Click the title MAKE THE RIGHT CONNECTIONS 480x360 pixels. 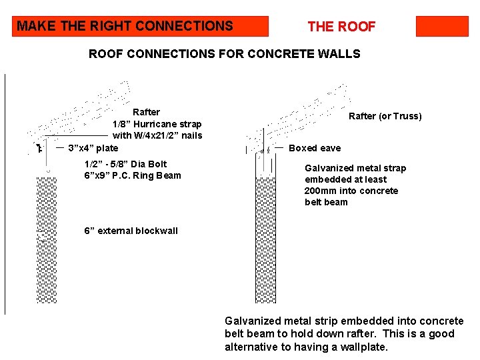[125, 27]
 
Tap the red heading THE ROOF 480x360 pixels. [341, 27]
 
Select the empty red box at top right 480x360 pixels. [442, 27]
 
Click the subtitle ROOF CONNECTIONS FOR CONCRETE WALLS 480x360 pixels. [224, 54]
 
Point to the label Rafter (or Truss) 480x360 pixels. [385, 116]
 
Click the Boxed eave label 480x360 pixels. [314, 148]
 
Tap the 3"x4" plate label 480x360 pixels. [93, 148]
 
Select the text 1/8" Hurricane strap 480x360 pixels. [157, 124]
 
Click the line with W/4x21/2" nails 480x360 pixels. [157, 136]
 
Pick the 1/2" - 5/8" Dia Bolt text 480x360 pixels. [125, 164]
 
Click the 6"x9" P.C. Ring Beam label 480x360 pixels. [133, 175]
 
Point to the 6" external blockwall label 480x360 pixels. [131, 231]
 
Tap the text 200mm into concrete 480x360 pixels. [351, 191]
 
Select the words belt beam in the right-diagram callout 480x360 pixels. [326, 202]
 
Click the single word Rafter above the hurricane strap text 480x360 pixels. [146, 112]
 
